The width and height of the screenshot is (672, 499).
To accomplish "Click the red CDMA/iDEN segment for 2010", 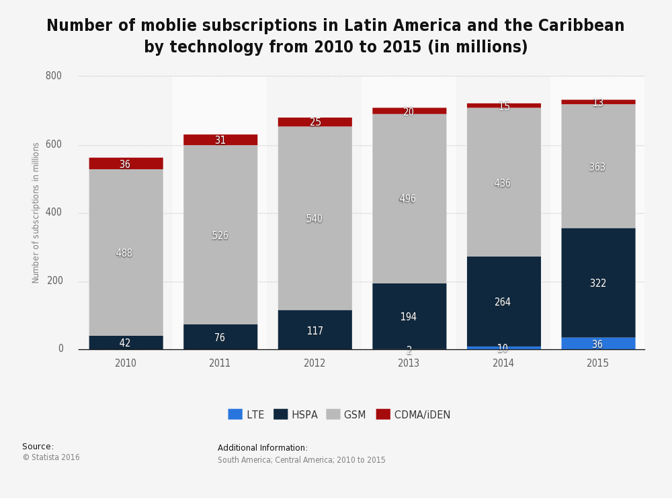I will coord(126,163).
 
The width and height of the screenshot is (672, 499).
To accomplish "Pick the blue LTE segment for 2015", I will coord(597,343).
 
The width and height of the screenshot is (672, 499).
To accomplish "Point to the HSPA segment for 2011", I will coord(220,337).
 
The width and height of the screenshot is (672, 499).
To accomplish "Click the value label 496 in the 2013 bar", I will coord(408,199).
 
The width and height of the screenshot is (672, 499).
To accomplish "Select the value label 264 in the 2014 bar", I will coord(502,302).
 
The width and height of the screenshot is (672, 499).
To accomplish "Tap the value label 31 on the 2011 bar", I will coord(220,140).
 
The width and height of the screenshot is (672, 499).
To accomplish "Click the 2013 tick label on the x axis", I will coord(409,363).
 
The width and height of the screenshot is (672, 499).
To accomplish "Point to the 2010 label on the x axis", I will coord(126,363).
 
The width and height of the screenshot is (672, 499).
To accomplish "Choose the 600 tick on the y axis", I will coord(54,144).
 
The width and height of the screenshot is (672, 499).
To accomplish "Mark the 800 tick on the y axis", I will coord(54,76).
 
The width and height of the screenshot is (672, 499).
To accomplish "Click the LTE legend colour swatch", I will coord(235,414).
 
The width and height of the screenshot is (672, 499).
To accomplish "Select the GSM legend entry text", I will coord(355,415).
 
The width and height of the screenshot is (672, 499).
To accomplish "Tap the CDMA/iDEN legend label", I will coord(422,415).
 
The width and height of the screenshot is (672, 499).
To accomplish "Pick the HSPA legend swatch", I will coord(280,414).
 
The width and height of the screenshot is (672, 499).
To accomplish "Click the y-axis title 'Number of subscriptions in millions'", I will coord(36,213).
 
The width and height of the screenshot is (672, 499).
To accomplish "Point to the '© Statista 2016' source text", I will coord(51,457).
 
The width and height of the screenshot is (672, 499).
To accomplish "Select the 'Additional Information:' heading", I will coord(263,448).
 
